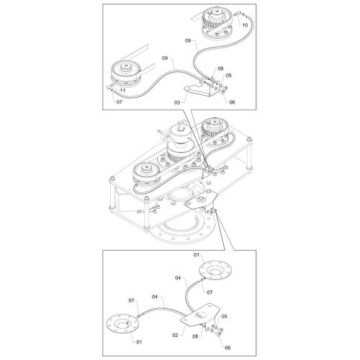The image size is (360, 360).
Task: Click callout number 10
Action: [245, 25]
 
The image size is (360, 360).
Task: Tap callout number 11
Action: [122, 91]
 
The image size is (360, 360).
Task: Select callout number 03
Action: [177, 103]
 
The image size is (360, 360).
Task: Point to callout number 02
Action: [175, 335]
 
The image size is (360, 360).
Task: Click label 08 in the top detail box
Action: [220, 68]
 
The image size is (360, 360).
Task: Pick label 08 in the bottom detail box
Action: [195, 336]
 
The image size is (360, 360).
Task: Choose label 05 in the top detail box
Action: [229, 76]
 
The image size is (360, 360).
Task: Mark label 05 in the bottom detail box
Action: [224, 316]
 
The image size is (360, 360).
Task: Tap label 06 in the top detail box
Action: [232, 102]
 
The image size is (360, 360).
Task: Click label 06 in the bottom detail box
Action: [228, 348]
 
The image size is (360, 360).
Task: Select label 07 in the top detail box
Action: [120, 102]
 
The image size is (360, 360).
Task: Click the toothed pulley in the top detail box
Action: [217, 23]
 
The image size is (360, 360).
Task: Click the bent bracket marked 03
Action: [203, 88]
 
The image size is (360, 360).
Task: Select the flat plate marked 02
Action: [200, 315]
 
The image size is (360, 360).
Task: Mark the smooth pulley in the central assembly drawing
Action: [146, 175]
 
